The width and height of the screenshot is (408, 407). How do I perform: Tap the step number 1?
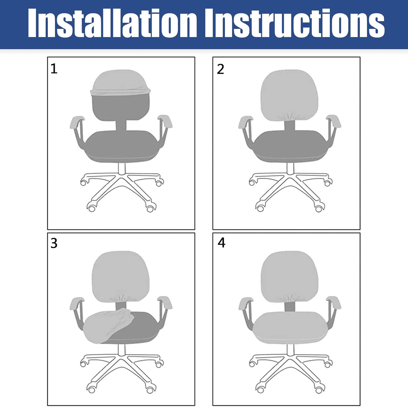(54, 69)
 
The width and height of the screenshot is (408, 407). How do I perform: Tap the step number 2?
(220, 69)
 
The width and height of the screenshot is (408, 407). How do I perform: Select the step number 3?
(54, 243)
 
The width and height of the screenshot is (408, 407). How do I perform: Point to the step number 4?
(221, 243)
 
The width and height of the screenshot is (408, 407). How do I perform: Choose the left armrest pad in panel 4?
(246, 303)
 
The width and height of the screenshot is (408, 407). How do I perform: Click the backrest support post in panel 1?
(121, 126)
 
